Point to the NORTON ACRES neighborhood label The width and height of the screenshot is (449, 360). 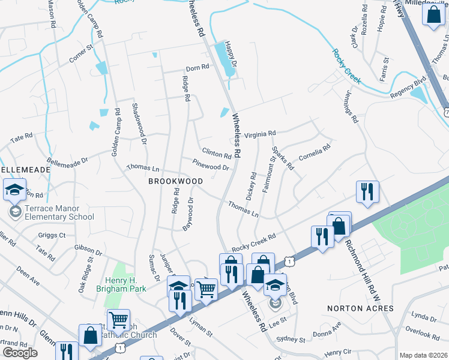[360, 308]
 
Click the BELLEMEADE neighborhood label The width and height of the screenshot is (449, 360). [25, 170]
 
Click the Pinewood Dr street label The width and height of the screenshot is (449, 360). [211, 164]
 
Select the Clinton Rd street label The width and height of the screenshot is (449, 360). [217, 154]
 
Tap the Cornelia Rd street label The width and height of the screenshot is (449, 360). [315, 151]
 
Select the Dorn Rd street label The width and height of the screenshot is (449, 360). [197, 67]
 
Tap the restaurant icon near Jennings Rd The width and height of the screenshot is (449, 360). [366, 192]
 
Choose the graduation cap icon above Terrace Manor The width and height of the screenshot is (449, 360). [14, 191]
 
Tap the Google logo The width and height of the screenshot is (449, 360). [20, 353]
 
